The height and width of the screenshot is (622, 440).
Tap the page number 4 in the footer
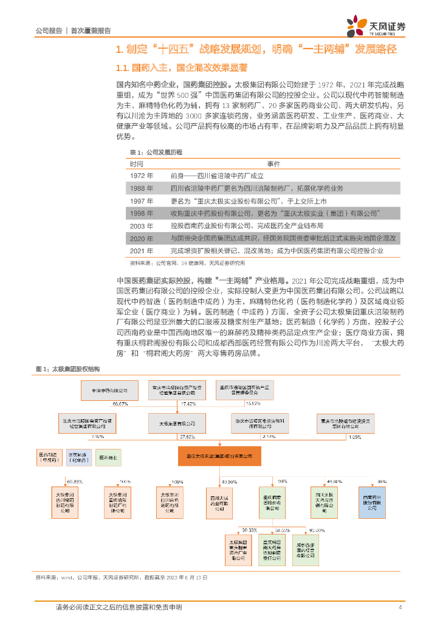(400, 607)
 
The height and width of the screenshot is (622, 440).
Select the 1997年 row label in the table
(142, 200)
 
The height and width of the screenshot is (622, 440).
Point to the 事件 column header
(273, 163)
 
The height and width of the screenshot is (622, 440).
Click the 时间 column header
(136, 163)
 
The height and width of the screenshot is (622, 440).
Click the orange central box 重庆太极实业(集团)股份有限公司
(219, 456)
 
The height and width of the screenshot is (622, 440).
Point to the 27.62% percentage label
(187, 436)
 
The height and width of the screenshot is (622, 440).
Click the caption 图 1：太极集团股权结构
(67, 369)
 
